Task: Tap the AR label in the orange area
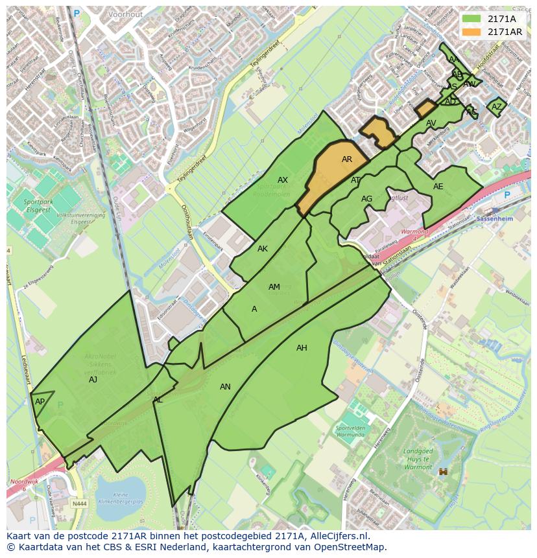[347, 159]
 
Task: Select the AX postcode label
[283, 180]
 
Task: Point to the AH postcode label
[302, 348]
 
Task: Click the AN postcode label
[225, 387]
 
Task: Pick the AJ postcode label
[93, 380]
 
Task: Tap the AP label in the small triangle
[40, 402]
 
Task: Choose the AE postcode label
[438, 187]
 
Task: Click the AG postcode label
[367, 199]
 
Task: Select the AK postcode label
[263, 249]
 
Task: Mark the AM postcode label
[274, 287]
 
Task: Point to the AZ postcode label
[497, 107]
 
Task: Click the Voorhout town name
[126, 14]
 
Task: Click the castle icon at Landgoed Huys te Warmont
[444, 472]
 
